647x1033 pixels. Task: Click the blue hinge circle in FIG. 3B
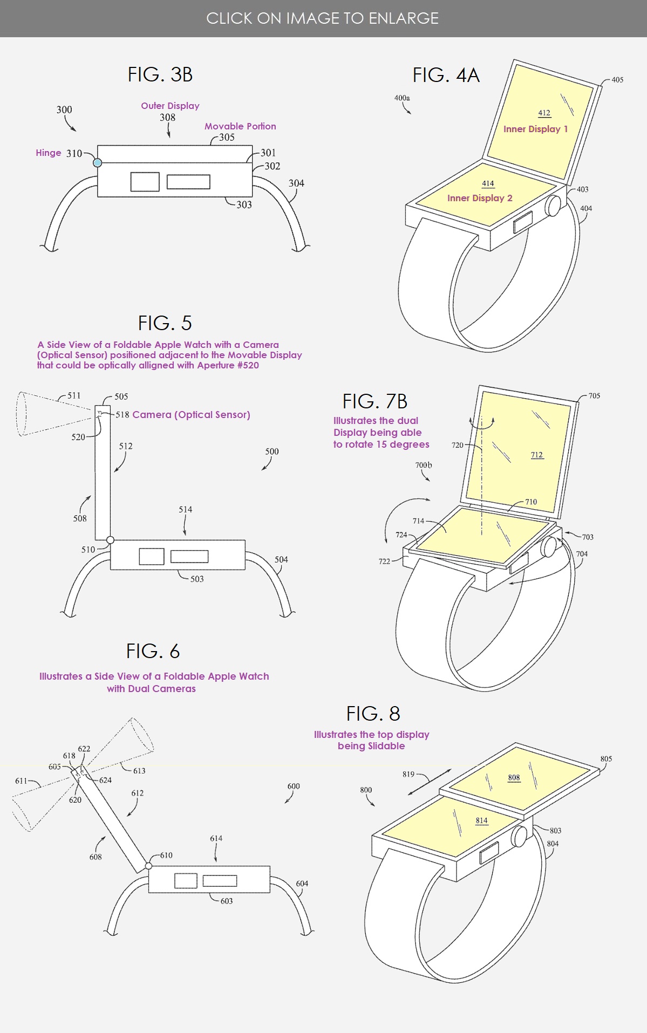(98, 162)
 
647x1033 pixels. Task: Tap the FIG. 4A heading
(446, 75)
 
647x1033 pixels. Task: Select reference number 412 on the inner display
(544, 113)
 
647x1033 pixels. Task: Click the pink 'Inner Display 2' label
(480, 198)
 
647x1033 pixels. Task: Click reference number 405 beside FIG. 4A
(617, 80)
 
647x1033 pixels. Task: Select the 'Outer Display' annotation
(170, 106)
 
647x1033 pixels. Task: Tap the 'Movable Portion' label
(240, 126)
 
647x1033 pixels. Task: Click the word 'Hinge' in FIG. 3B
(49, 153)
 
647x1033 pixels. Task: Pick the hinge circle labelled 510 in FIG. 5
(110, 539)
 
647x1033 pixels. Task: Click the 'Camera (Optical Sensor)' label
(191, 415)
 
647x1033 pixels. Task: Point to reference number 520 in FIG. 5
(78, 437)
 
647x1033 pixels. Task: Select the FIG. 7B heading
(374, 401)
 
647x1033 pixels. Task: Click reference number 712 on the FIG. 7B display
(537, 455)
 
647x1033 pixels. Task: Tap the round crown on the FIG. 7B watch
(549, 546)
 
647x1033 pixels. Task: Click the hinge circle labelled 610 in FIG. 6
(148, 866)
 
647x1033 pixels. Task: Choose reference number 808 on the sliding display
(514, 777)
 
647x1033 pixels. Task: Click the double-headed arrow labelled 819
(430, 782)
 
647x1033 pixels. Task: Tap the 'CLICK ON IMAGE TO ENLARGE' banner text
(323, 18)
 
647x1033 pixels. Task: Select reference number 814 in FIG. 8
(481, 820)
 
